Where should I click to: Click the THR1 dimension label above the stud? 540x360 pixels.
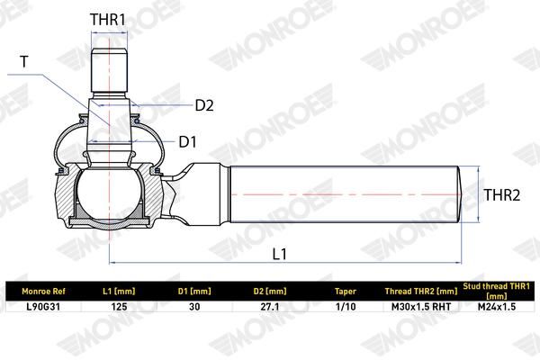tap(108, 20)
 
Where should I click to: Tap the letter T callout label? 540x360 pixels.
tap(24, 62)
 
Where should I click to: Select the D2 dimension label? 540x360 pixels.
tap(204, 105)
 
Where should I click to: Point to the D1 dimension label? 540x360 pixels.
tap(188, 141)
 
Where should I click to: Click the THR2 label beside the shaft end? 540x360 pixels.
tap(502, 195)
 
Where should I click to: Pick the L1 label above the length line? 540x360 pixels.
tap(279, 254)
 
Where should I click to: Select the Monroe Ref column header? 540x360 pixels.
tap(43, 292)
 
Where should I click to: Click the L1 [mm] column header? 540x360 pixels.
tap(119, 292)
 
